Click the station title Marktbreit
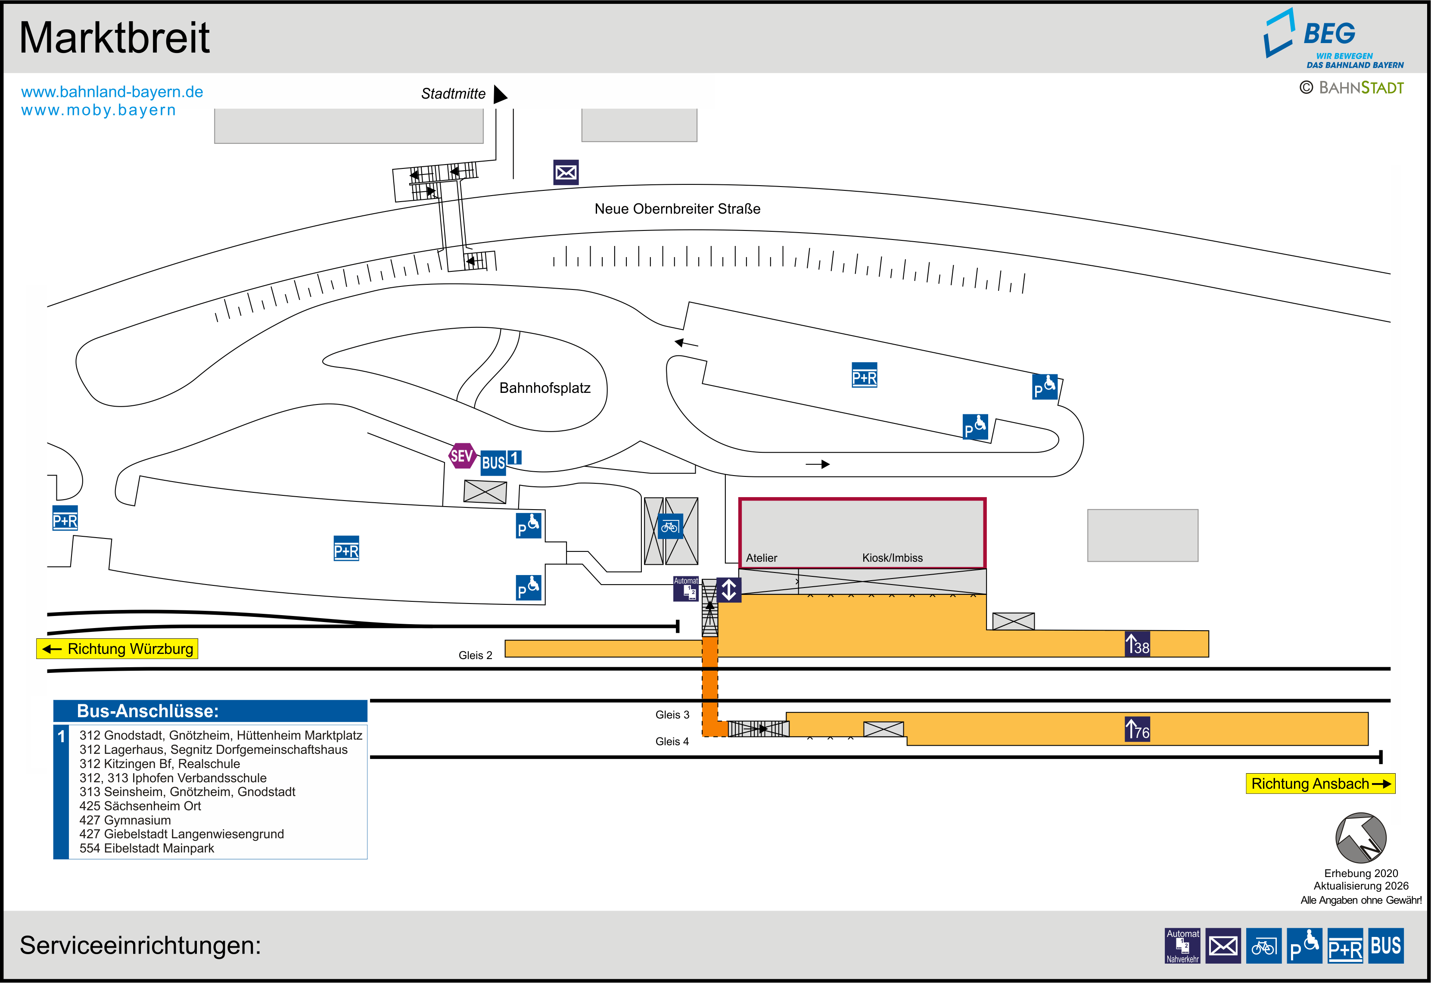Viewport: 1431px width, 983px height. (115, 38)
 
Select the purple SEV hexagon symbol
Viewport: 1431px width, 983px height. (462, 456)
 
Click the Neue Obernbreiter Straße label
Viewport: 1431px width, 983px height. (677, 209)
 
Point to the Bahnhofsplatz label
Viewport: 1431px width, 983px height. (544, 388)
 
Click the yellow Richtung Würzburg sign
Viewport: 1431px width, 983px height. (118, 649)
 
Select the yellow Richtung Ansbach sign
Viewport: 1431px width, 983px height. (1319, 784)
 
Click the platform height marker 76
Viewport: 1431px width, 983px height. (1137, 729)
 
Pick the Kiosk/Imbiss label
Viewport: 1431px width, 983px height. (892, 558)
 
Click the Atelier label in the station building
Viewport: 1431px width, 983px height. (761, 558)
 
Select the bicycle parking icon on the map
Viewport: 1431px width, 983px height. (670, 526)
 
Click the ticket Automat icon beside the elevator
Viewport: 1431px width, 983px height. (686, 589)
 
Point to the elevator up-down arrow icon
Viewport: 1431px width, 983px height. (728, 589)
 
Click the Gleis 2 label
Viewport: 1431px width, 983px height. (476, 655)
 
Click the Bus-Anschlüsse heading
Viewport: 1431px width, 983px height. (148, 711)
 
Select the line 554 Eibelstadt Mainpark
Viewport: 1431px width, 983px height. (146, 848)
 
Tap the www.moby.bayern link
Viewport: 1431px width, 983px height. (99, 110)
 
